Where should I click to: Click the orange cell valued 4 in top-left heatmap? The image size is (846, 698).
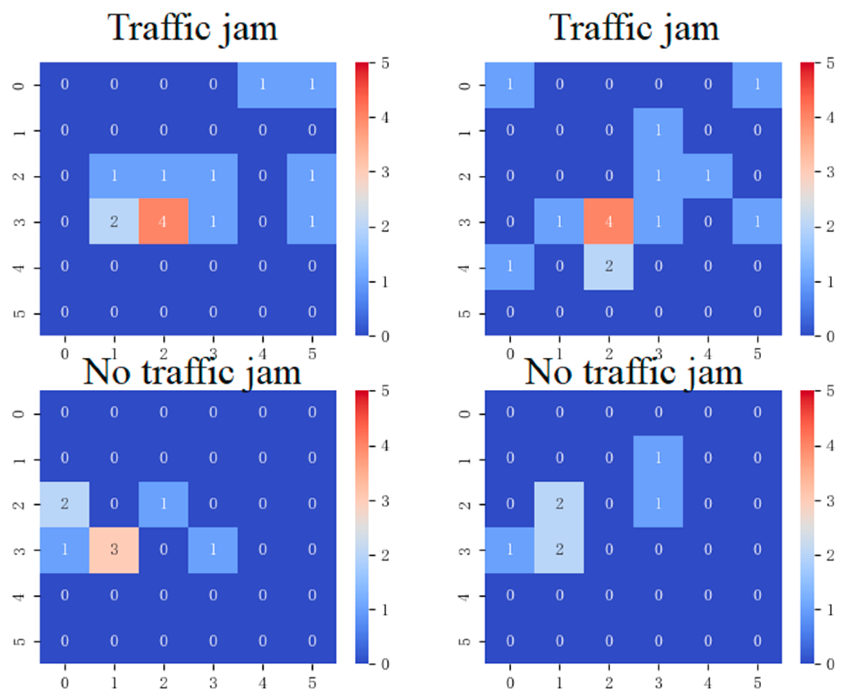click(x=163, y=221)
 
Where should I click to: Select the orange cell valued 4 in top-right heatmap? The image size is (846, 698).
click(x=608, y=221)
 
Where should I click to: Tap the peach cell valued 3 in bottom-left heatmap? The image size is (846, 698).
click(x=114, y=549)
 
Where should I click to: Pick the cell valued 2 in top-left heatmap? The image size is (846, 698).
click(x=114, y=221)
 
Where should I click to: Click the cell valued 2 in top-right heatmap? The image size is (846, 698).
click(x=608, y=267)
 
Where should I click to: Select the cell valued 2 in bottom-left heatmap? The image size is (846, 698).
click(x=65, y=504)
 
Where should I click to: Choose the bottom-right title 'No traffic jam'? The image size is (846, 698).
click(x=634, y=372)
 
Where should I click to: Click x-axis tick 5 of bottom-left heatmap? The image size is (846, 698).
click(x=312, y=682)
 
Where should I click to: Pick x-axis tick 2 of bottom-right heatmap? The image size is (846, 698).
click(x=608, y=682)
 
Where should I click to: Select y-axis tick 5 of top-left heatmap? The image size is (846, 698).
click(x=19, y=313)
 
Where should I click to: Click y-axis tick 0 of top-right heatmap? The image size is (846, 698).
click(x=464, y=85)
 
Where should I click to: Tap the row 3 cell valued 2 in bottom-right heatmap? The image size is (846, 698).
click(x=559, y=549)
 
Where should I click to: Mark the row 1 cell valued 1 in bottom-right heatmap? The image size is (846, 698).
click(x=658, y=458)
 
